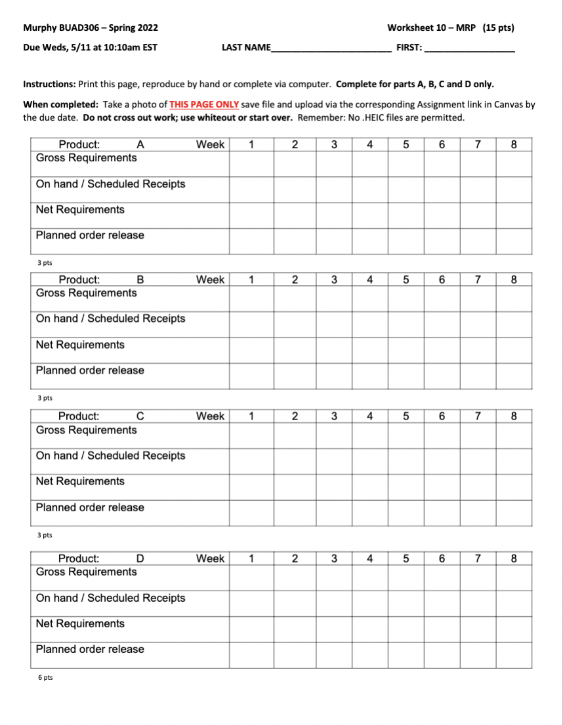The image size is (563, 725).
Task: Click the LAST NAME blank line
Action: [331, 49]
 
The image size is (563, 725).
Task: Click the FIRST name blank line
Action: [469, 49]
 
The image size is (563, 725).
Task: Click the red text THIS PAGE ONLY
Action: [204, 104]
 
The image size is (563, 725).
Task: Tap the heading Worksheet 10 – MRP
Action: [432, 28]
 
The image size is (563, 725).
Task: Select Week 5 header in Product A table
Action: [406, 145]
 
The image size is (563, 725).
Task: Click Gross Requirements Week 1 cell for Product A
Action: [251, 164]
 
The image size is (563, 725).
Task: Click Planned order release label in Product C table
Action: [90, 507]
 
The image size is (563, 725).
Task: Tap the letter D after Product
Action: [139, 558]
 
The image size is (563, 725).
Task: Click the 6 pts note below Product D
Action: [45, 678]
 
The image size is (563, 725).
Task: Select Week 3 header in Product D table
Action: [335, 558]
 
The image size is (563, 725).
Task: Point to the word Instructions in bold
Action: [49, 85]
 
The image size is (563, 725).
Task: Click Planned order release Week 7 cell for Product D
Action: [478, 655]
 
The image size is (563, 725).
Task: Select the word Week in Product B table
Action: [210, 280]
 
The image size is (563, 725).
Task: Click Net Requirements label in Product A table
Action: [80, 210]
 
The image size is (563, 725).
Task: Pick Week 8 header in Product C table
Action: [513, 416]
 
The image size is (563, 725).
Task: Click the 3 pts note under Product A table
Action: [45, 263]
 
